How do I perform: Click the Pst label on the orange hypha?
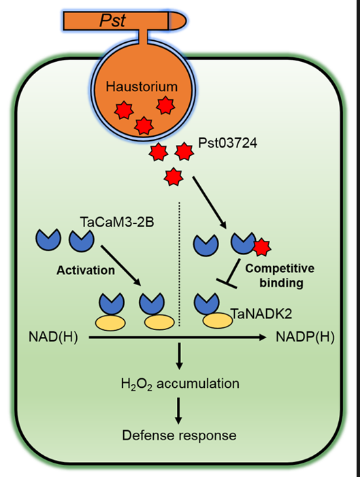[112, 20]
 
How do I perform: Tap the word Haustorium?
[142, 86]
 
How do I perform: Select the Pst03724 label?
[227, 143]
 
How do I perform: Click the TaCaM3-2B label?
[117, 222]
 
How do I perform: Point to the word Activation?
[86, 270]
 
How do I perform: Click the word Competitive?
[280, 268]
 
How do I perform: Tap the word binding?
[281, 283]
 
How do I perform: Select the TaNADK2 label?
[261, 313]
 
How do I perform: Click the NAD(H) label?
[53, 337]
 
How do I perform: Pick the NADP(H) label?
[305, 337]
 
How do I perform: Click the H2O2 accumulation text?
[180, 384]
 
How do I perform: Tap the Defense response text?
[179, 435]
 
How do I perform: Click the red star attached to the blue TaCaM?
[262, 247]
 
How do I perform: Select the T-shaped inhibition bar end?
[227, 282]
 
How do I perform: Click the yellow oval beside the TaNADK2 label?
[218, 320]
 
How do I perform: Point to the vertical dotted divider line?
[180, 264]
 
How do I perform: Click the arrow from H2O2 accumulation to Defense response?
[178, 411]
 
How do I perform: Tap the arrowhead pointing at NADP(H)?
[262, 337]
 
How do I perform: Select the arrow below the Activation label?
[120, 265]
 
